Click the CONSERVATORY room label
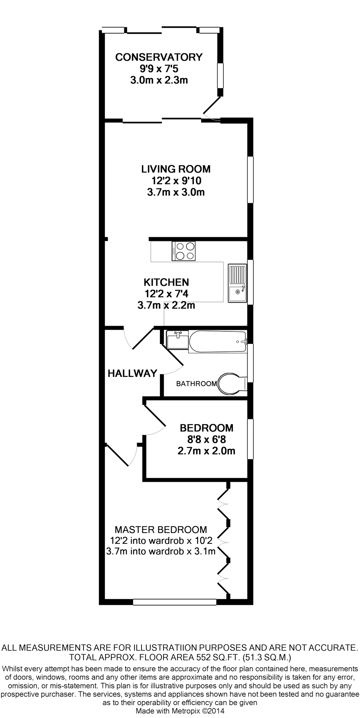[x=159, y=57]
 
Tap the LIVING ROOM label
[x=176, y=169]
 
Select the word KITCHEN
[x=166, y=282]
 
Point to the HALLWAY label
[x=132, y=373]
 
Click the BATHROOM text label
[x=196, y=384]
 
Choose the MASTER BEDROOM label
[x=161, y=530]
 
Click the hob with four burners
[x=184, y=251]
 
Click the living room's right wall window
[x=250, y=180]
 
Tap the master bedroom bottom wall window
[x=174, y=602]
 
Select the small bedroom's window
[x=250, y=439]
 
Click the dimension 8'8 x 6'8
[x=206, y=439]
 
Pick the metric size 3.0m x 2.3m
[x=159, y=80]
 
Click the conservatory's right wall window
[x=220, y=75]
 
